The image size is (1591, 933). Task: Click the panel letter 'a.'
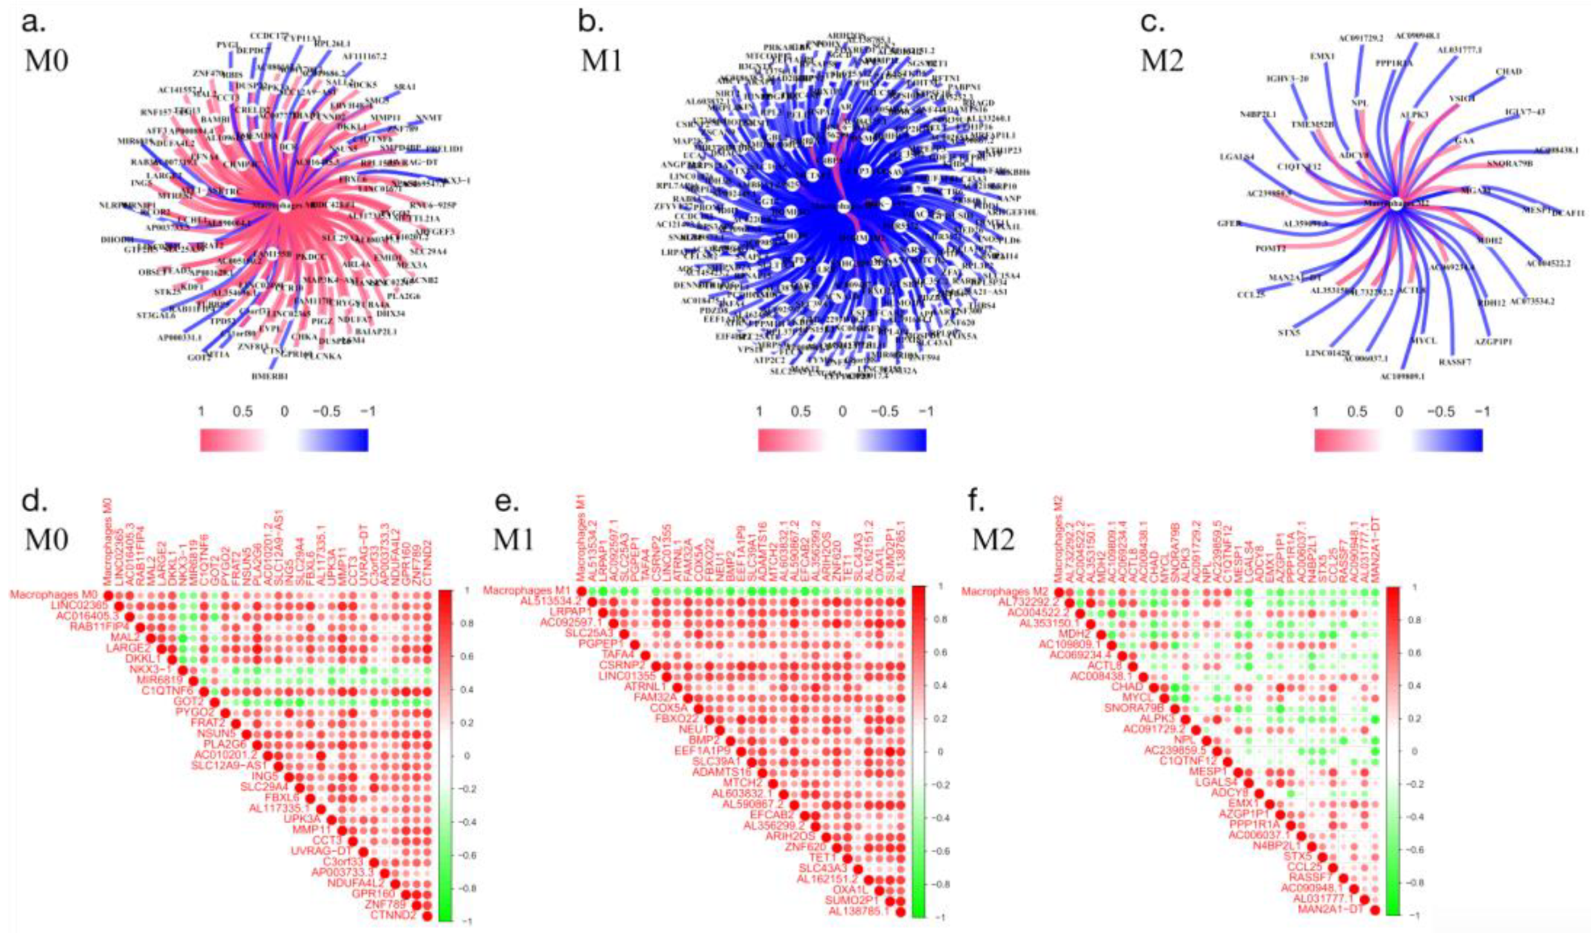(x=34, y=22)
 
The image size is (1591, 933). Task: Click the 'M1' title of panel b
(x=603, y=61)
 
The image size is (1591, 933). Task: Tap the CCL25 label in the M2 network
(x=1251, y=295)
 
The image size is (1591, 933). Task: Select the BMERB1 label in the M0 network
(x=270, y=377)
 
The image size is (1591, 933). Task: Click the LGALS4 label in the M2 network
(x=1237, y=158)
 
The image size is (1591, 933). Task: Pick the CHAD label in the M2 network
(x=1509, y=71)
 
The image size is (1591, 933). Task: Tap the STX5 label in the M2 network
(x=1289, y=333)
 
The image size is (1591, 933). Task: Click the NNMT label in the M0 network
(x=429, y=118)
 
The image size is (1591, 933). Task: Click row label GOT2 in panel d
(x=189, y=702)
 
